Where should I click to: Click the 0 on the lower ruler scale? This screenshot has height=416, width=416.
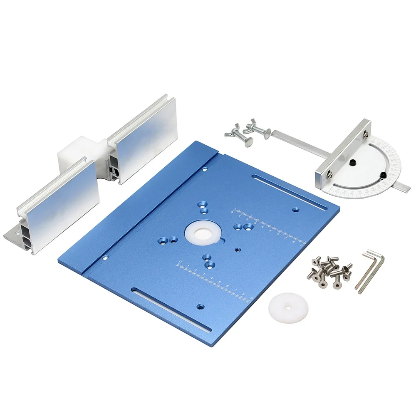180,262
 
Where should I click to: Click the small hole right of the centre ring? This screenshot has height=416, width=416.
238,250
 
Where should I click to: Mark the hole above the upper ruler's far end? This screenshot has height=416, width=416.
295,210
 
